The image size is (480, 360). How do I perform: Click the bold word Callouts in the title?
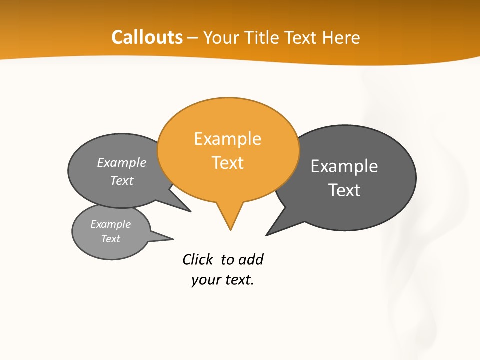pos(147,37)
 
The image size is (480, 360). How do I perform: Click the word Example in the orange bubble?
pos(227,139)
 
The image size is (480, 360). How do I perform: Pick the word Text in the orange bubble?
pos(228,163)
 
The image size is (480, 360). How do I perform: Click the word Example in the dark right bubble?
pos(344,166)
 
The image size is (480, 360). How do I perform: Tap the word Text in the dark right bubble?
pos(344,190)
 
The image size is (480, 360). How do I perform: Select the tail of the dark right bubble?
pos(272,230)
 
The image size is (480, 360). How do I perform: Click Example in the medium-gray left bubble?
pos(122,163)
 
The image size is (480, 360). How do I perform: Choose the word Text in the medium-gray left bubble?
pos(122,181)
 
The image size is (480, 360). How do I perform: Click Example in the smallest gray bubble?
pos(110,224)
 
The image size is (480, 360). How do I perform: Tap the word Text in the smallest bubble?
pos(110,239)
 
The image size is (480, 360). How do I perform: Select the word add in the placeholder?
pos(251,259)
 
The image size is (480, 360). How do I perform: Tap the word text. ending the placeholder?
pos(238,280)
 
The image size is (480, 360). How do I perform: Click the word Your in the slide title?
pos(220,37)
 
